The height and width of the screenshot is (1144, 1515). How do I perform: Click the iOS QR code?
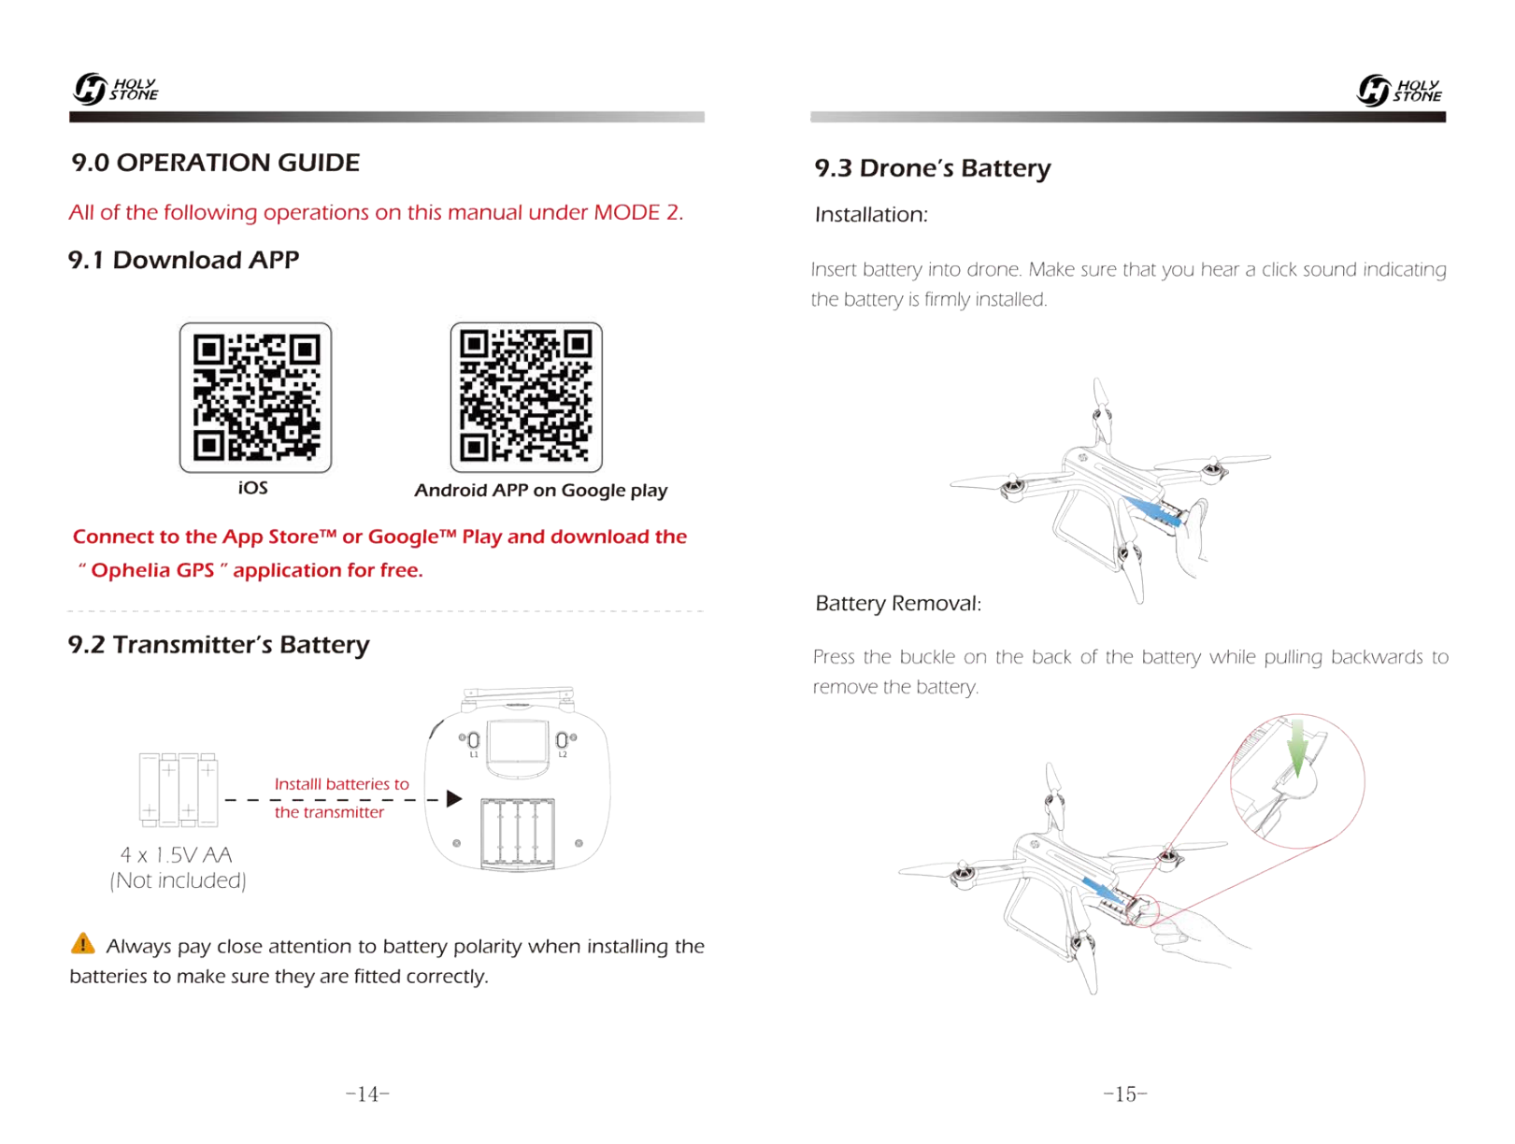click(255, 398)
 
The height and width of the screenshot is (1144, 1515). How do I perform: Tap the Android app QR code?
click(526, 397)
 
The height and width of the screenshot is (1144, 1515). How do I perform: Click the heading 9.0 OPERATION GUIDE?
click(216, 163)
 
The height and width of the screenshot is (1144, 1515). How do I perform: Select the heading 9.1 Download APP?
click(184, 260)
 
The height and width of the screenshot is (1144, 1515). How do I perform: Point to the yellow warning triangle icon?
click(83, 944)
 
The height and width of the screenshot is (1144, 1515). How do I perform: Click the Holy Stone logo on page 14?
click(116, 89)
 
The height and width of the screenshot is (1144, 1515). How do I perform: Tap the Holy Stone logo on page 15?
click(1399, 91)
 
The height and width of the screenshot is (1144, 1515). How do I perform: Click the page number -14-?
click(367, 1094)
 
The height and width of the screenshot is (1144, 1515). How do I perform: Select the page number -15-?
click(1125, 1094)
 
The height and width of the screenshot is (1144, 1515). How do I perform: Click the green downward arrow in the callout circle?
click(1297, 747)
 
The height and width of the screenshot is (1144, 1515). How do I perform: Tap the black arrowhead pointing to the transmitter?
click(454, 799)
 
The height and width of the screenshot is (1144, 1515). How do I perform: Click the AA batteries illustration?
click(179, 790)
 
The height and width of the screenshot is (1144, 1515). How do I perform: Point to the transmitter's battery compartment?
click(518, 833)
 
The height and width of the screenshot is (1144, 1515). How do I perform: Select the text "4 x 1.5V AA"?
click(177, 854)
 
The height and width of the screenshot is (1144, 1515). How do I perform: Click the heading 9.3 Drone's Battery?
click(933, 168)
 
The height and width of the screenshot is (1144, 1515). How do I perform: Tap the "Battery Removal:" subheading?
click(898, 604)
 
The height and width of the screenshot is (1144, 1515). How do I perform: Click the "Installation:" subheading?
click(871, 215)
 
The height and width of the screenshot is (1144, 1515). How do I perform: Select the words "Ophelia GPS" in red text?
click(153, 570)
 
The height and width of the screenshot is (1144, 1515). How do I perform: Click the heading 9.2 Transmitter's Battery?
click(219, 645)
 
